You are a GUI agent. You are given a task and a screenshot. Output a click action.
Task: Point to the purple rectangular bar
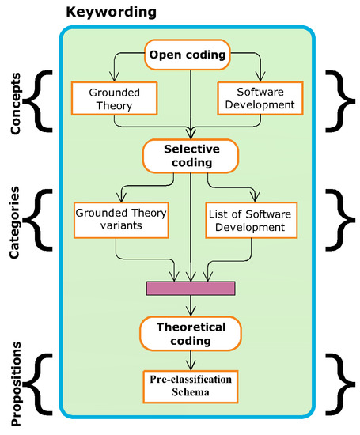tap(191, 288)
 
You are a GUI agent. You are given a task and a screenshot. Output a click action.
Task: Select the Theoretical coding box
tap(191, 334)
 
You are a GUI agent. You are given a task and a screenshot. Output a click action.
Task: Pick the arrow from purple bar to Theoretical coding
tap(191, 307)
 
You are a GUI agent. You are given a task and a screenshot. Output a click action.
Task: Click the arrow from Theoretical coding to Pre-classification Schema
tap(191, 360)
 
